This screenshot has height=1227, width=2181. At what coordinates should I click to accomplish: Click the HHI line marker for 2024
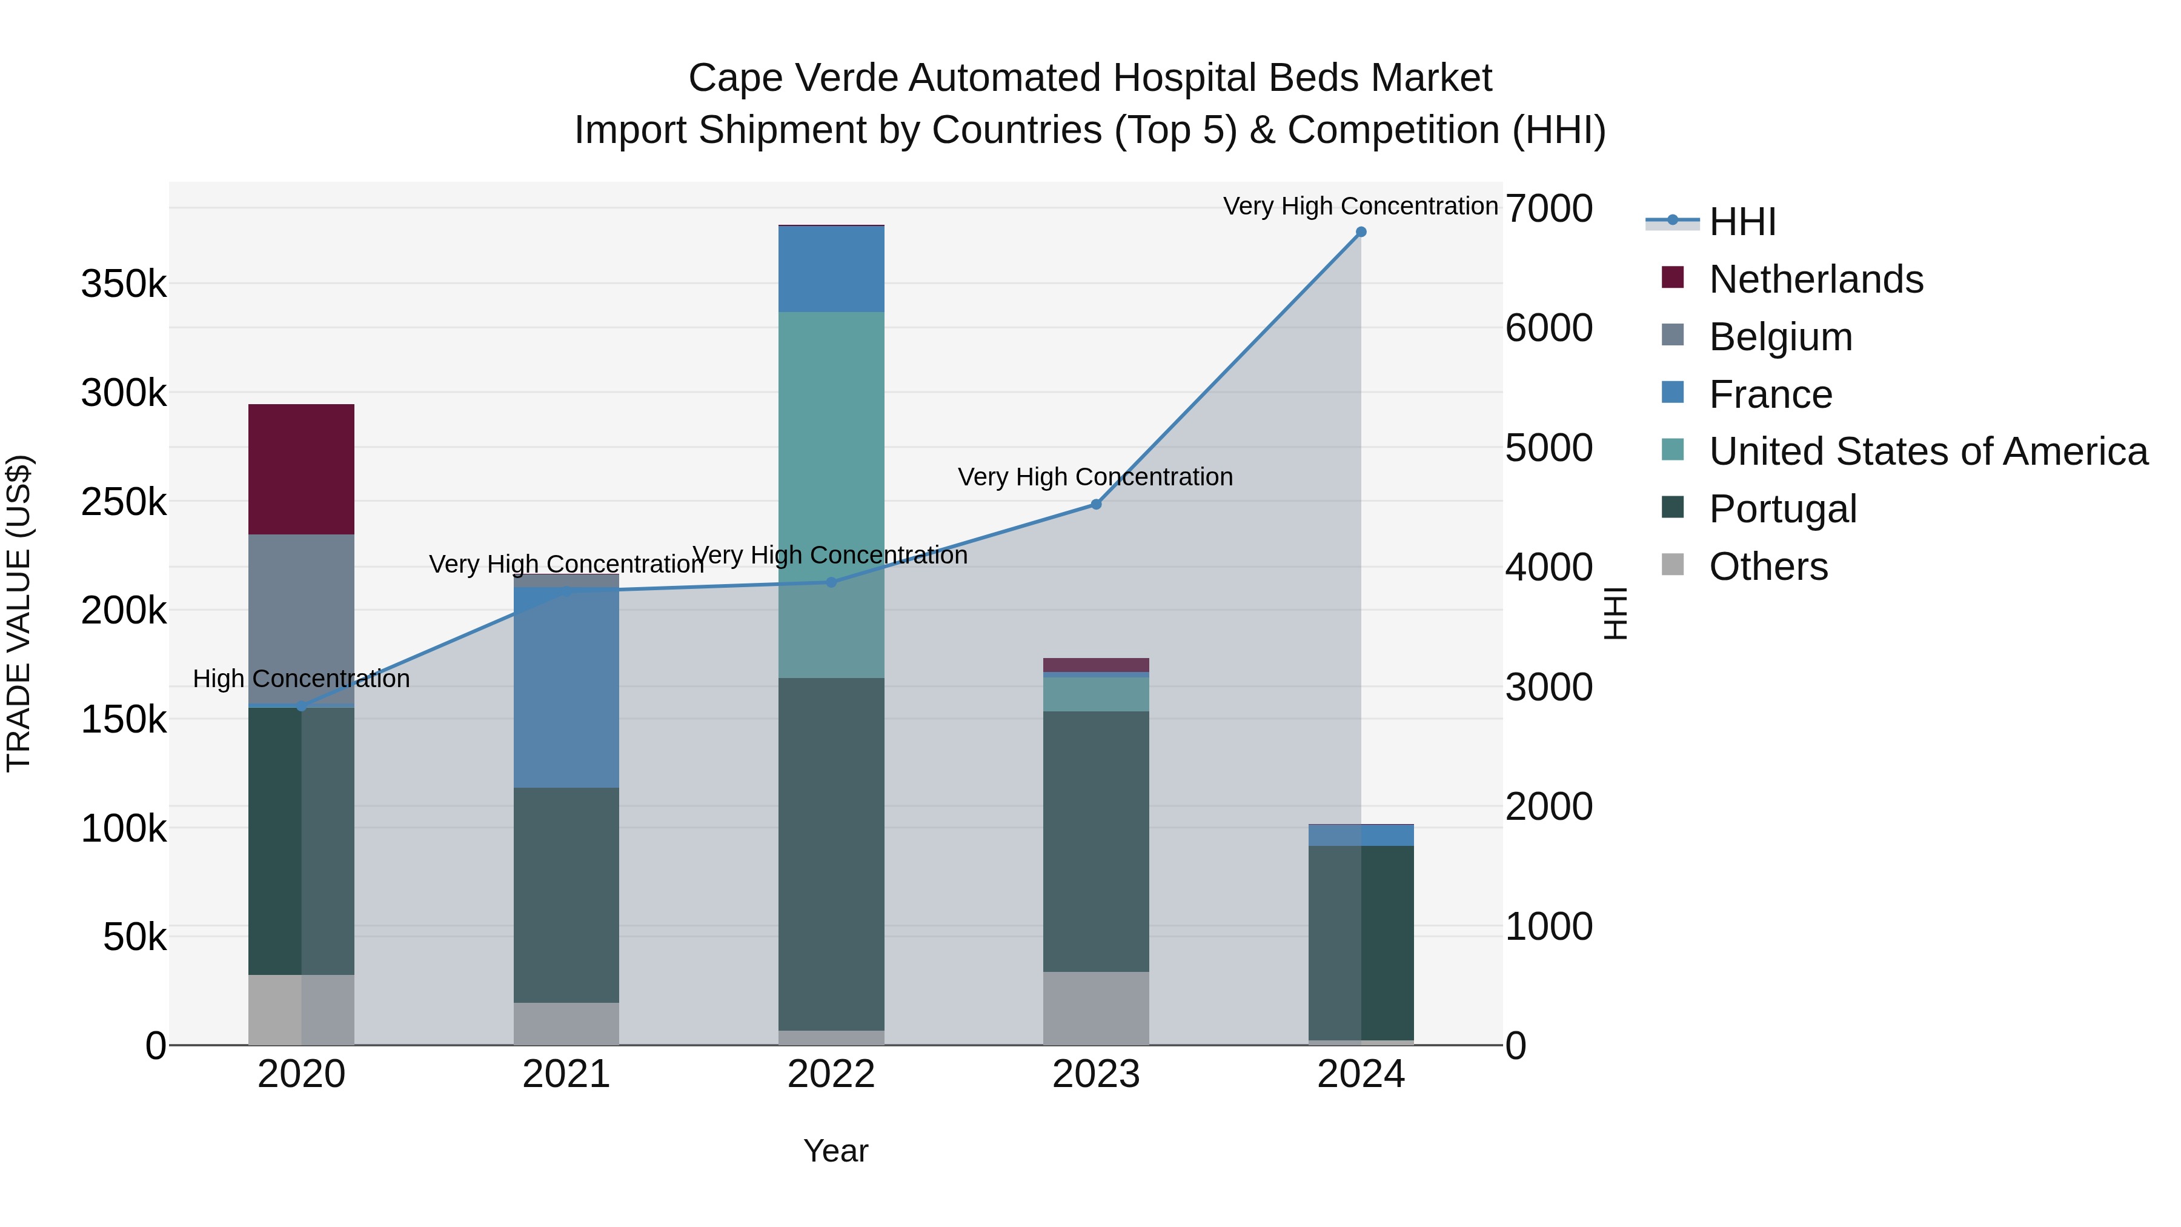tap(1361, 232)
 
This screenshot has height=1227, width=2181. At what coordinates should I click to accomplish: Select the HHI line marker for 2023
tap(1095, 505)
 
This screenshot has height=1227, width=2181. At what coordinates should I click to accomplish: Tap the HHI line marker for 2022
tap(831, 582)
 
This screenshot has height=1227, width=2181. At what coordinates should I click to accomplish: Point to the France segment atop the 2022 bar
tap(831, 269)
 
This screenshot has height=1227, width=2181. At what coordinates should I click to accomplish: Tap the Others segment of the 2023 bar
tap(1095, 1008)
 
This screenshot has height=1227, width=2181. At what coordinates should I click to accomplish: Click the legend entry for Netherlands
tap(1815, 279)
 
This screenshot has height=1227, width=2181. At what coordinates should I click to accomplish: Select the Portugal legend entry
tap(1782, 509)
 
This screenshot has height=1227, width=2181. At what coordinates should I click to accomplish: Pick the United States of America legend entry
tap(1928, 451)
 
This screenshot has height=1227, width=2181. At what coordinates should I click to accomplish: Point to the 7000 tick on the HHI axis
tap(1549, 208)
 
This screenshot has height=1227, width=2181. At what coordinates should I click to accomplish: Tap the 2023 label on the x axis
tap(1095, 1074)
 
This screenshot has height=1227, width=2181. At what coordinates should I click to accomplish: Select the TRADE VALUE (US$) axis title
tap(19, 613)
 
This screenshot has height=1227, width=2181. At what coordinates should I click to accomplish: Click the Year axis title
tap(835, 1151)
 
